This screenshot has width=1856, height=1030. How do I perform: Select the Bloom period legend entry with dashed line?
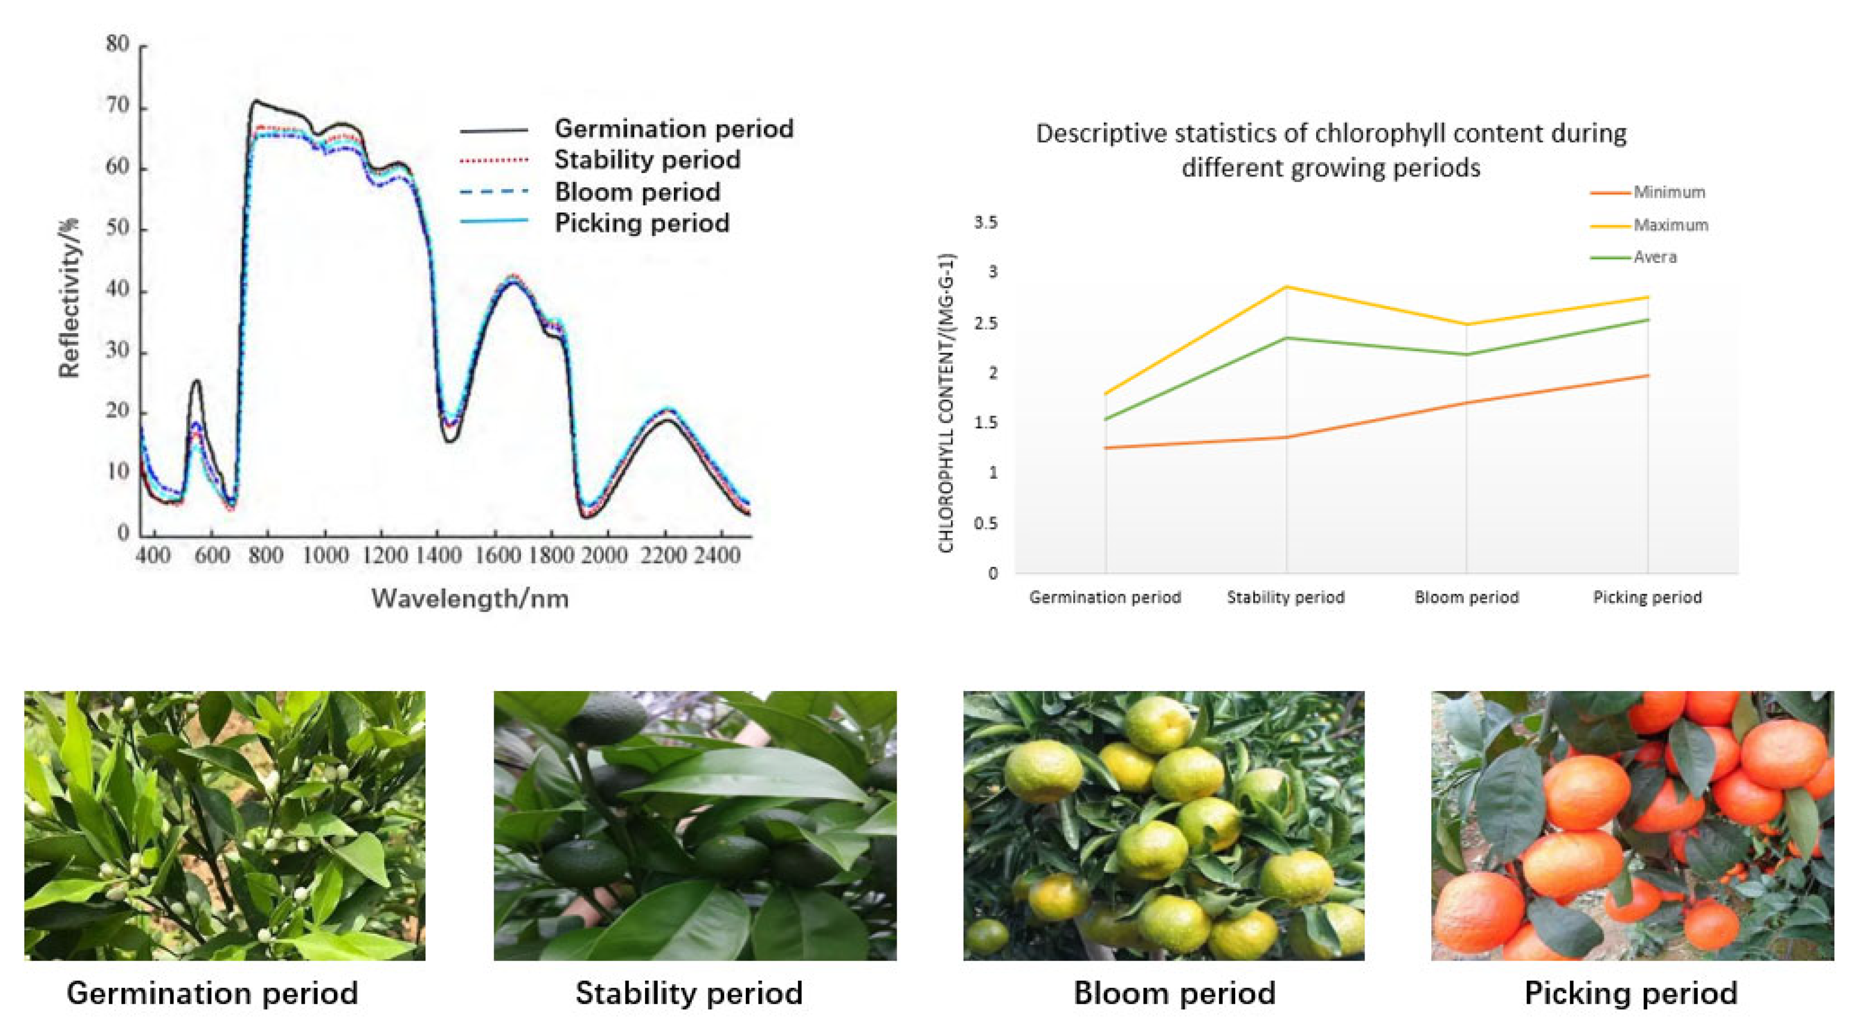(x=637, y=192)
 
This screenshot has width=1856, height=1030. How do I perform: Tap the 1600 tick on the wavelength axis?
(x=497, y=555)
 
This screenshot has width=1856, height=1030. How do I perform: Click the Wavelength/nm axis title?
(x=470, y=599)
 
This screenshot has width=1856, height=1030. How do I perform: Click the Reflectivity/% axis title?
(x=70, y=297)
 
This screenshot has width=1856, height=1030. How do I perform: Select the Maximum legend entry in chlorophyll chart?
(x=1669, y=225)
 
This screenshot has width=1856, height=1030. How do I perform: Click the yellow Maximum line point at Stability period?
(x=1286, y=287)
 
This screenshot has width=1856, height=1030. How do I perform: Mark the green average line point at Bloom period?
(x=1466, y=354)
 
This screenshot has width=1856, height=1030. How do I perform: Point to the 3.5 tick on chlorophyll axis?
(x=986, y=223)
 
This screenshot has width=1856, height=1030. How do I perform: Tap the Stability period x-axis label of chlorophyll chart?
(x=1285, y=597)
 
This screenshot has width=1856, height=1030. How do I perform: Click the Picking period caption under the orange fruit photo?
(x=1631, y=993)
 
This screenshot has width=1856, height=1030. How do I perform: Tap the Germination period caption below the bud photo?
(x=212, y=993)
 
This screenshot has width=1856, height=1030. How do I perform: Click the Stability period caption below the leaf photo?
(x=688, y=993)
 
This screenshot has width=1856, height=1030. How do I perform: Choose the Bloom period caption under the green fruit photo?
(x=1174, y=993)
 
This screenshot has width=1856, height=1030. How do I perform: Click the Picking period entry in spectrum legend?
(x=641, y=223)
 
